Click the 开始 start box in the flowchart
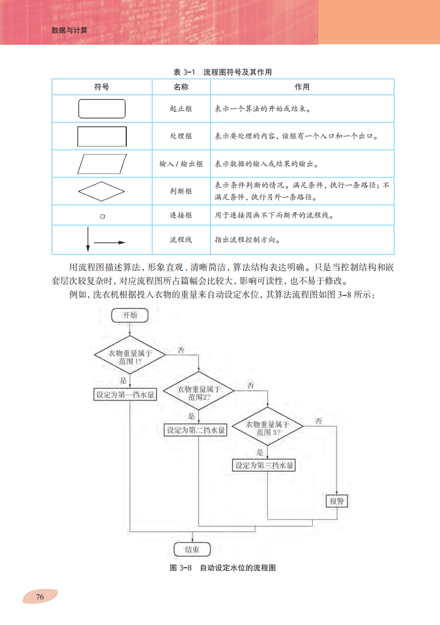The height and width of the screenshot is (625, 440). pyautogui.click(x=130, y=315)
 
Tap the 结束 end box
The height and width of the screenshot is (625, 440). pyautogui.click(x=191, y=549)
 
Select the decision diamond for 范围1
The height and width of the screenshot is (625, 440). pyautogui.click(x=130, y=357)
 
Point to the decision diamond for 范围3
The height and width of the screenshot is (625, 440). pyautogui.click(x=267, y=427)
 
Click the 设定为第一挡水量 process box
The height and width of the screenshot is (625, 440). pyautogui.click(x=125, y=395)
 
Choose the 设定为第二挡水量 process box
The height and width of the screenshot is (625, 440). pyautogui.click(x=196, y=430)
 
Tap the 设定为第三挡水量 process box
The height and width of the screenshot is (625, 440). pyautogui.click(x=264, y=466)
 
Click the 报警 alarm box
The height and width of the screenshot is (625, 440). pyautogui.click(x=338, y=501)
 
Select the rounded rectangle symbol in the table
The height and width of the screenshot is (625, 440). pyautogui.click(x=102, y=109)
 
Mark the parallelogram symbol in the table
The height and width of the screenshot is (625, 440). pyautogui.click(x=102, y=163)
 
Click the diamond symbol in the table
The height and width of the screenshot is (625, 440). pyautogui.click(x=102, y=191)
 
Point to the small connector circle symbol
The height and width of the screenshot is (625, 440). pyautogui.click(x=102, y=216)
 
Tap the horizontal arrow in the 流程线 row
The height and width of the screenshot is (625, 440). pyautogui.click(x=110, y=242)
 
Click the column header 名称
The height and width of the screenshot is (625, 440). pyautogui.click(x=181, y=87)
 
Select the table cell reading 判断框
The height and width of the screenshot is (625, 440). pyautogui.click(x=181, y=191)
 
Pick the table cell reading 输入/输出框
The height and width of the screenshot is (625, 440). pyautogui.click(x=181, y=164)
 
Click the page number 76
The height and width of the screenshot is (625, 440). pyautogui.click(x=39, y=597)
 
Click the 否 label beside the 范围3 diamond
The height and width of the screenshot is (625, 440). pyautogui.click(x=319, y=420)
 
